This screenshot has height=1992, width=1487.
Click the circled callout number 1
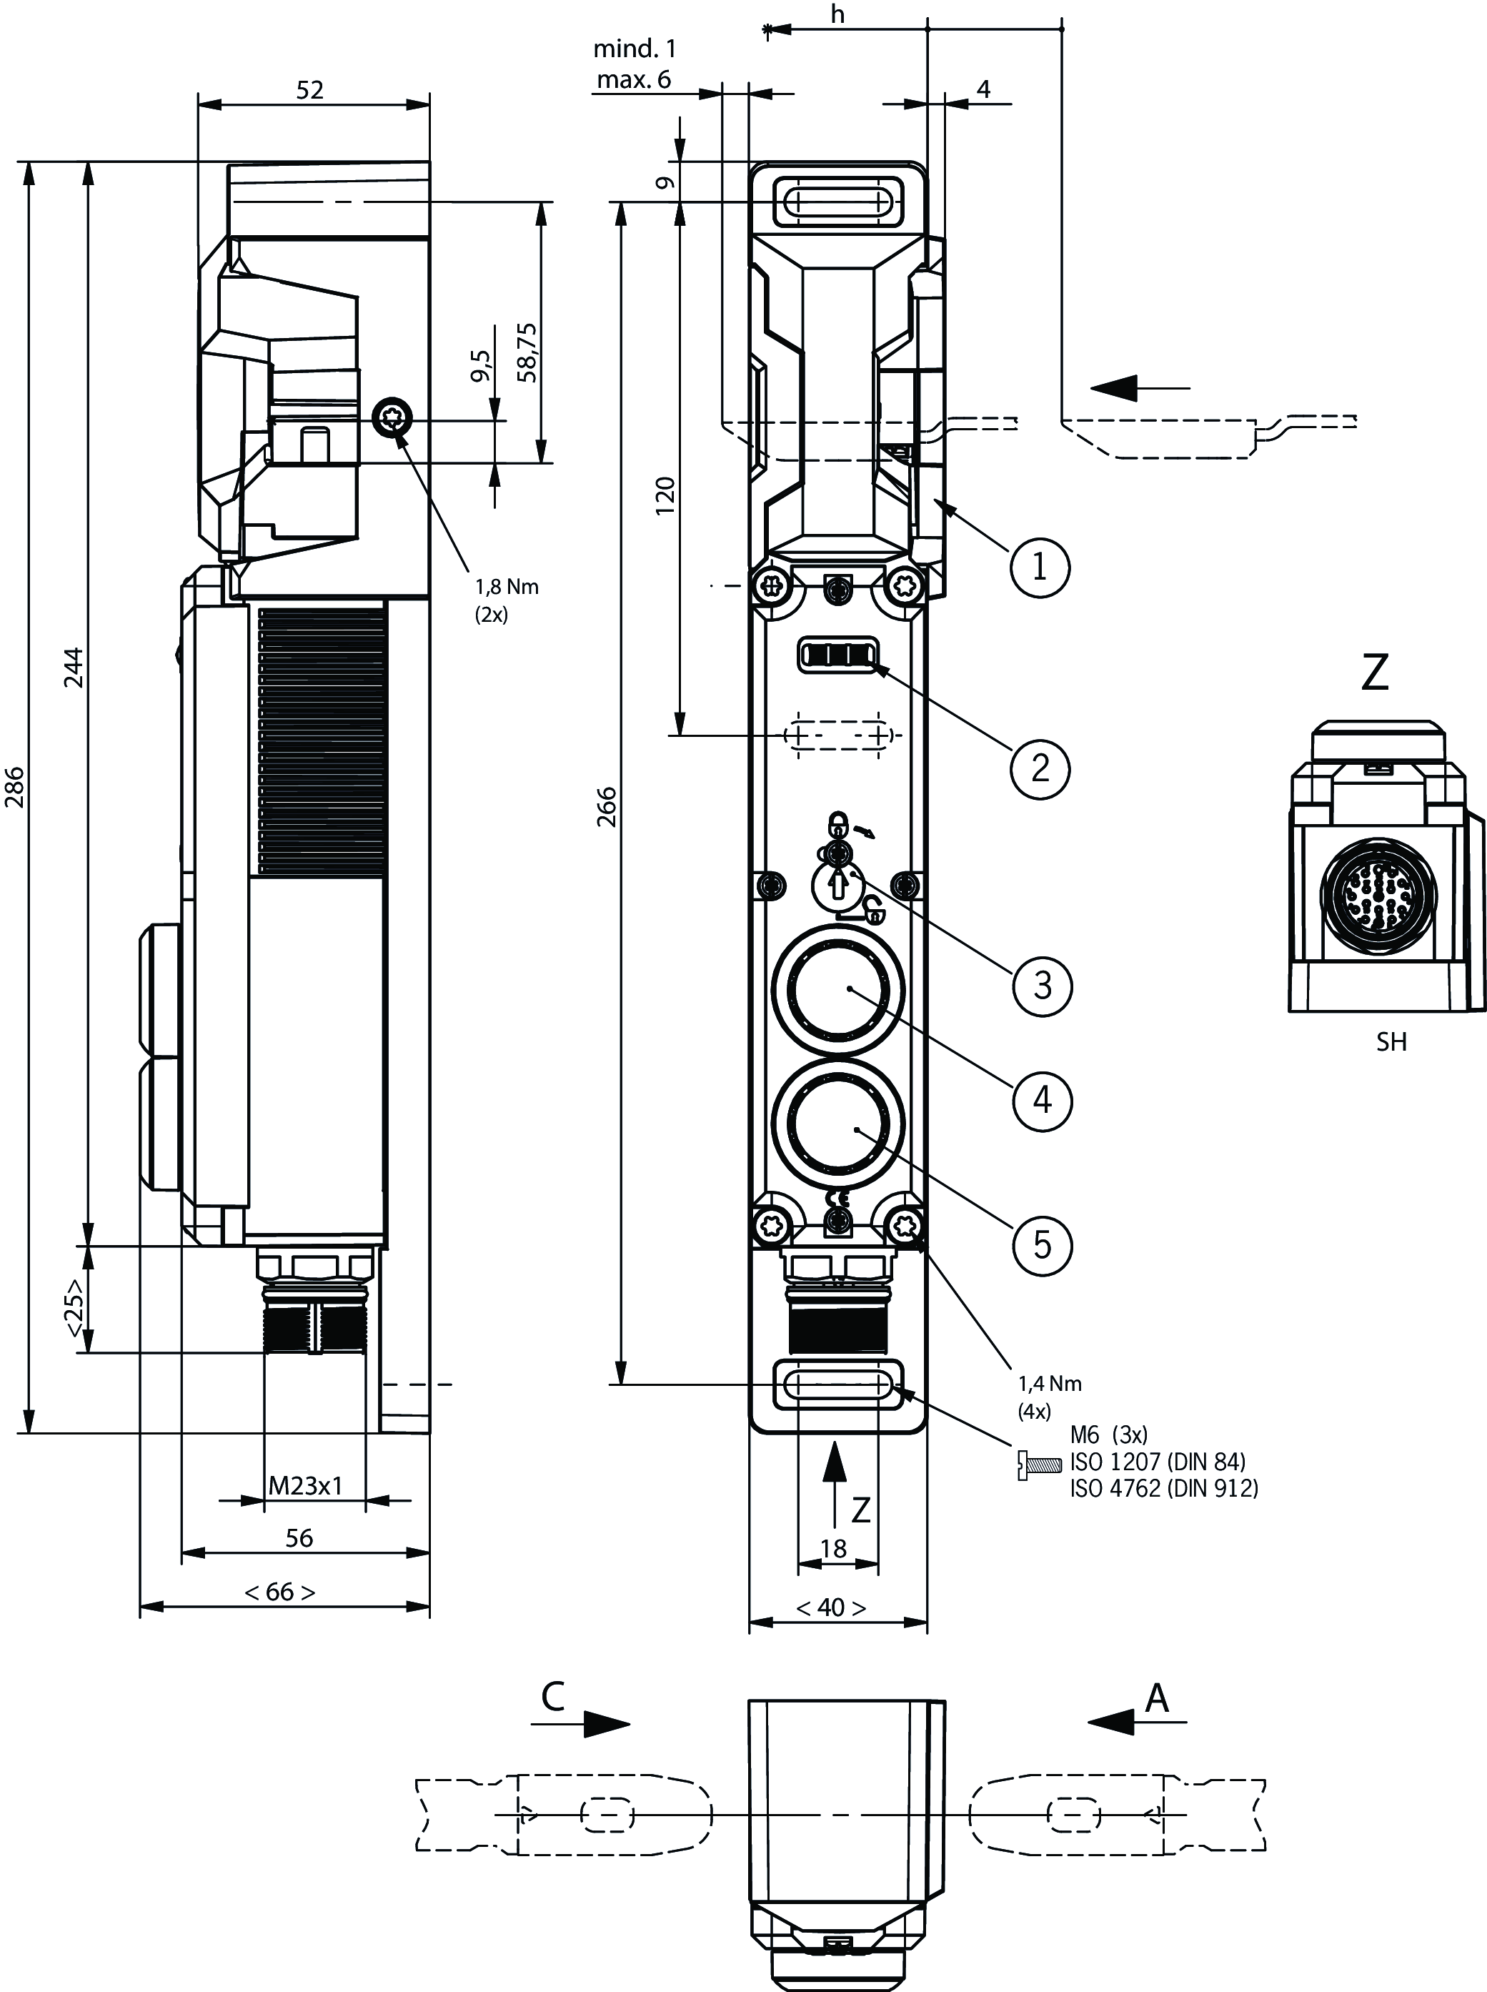click(x=1040, y=567)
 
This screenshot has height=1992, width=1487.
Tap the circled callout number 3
click(x=1043, y=986)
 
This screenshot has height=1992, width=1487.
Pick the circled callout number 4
click(x=1043, y=1099)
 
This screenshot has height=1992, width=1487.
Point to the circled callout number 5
click(x=1043, y=1245)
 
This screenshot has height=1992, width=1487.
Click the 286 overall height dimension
click(x=15, y=787)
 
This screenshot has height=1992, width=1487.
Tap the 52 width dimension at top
click(x=309, y=90)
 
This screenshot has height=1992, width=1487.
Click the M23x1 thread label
click(x=306, y=1485)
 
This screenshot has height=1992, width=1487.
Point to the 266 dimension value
click(x=607, y=806)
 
